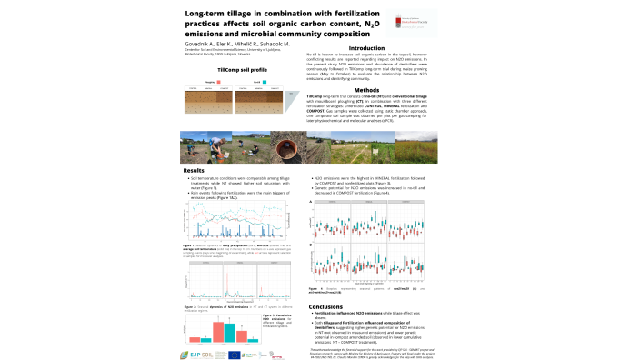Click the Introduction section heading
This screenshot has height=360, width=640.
(366, 48)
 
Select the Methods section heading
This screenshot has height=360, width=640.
(366, 90)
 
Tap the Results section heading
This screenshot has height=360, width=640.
(194, 170)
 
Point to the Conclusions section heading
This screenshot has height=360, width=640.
(326, 307)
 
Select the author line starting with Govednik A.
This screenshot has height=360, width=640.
(238, 43)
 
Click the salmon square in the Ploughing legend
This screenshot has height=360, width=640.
(217, 80)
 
